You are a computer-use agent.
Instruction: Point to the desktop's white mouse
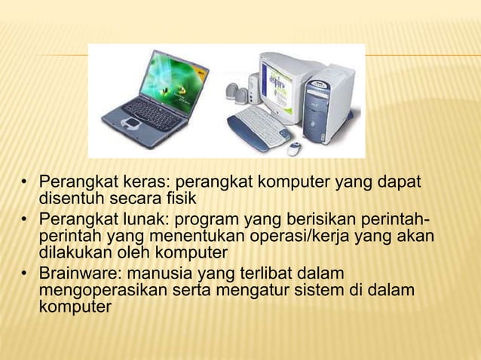294,148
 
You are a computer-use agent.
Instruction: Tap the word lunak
135,220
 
